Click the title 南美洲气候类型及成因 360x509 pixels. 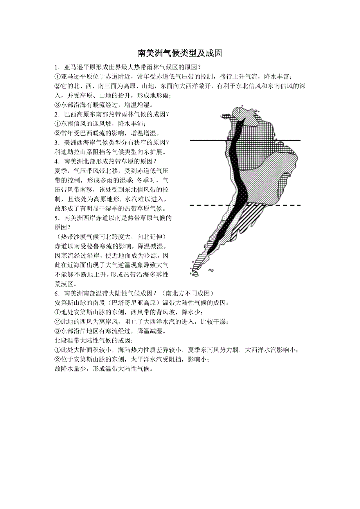180,53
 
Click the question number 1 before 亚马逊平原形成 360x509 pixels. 57,67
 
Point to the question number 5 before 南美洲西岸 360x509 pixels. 57,218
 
